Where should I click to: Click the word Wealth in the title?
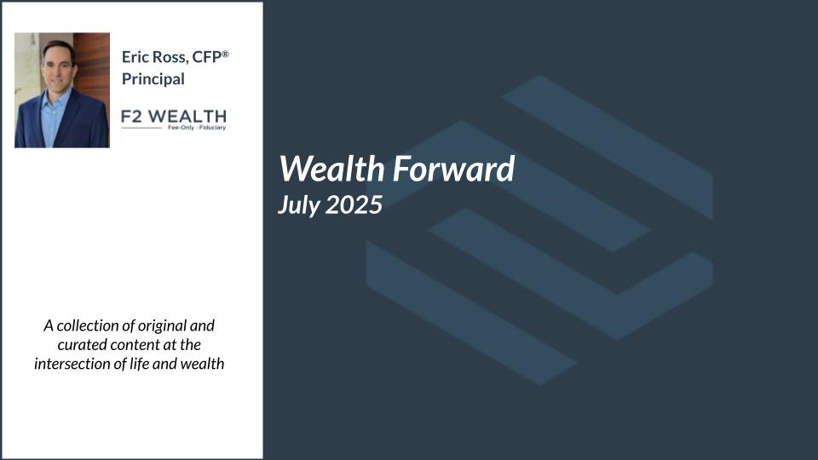click(x=333, y=169)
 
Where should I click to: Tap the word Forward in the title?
click(x=454, y=169)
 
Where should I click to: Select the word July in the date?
click(x=299, y=204)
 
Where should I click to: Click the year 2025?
click(x=354, y=204)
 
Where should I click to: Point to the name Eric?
click(x=135, y=57)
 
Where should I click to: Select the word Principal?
click(x=153, y=79)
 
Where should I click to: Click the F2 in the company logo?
click(x=131, y=117)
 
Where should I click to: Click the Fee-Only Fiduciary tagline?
click(x=197, y=127)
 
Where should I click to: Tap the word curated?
click(x=80, y=345)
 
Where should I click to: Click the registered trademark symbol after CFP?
click(x=225, y=54)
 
